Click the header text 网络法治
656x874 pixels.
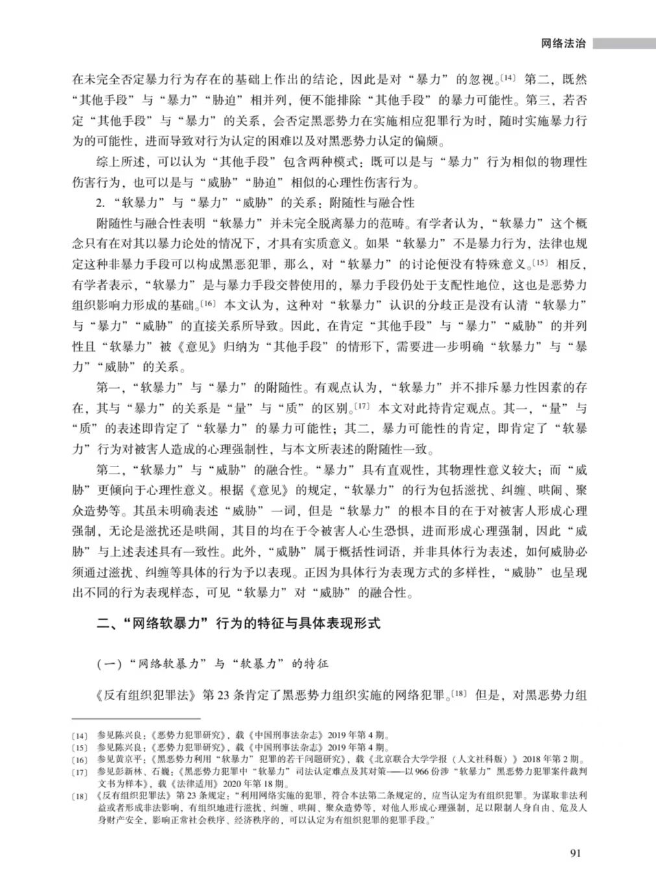tap(563, 44)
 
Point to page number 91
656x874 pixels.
tap(575, 852)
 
